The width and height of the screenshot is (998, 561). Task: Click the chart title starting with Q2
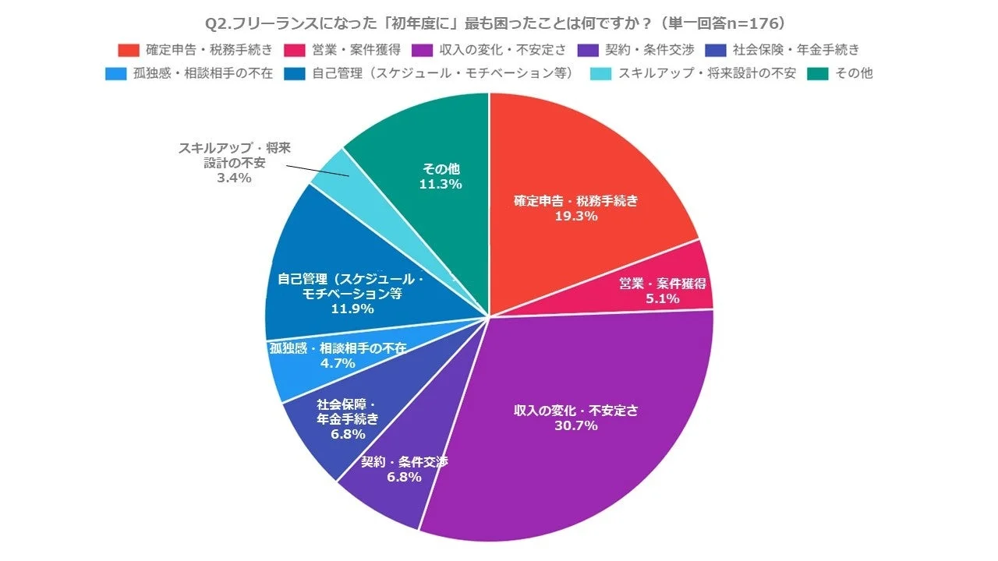[499, 22]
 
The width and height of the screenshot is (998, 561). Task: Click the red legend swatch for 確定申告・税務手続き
[129, 50]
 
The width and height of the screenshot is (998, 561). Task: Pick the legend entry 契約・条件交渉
[639, 50]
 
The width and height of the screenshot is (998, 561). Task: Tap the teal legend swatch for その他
[818, 74]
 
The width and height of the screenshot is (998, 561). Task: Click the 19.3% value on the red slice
[576, 216]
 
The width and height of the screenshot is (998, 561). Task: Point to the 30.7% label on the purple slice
[576, 425]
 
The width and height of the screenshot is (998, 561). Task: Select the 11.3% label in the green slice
[441, 185]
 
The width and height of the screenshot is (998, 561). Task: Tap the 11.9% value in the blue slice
[352, 309]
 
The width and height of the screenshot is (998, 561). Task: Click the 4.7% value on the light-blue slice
[338, 363]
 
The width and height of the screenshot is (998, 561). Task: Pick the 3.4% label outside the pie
[234, 178]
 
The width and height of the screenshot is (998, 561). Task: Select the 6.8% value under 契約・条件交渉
[403, 477]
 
